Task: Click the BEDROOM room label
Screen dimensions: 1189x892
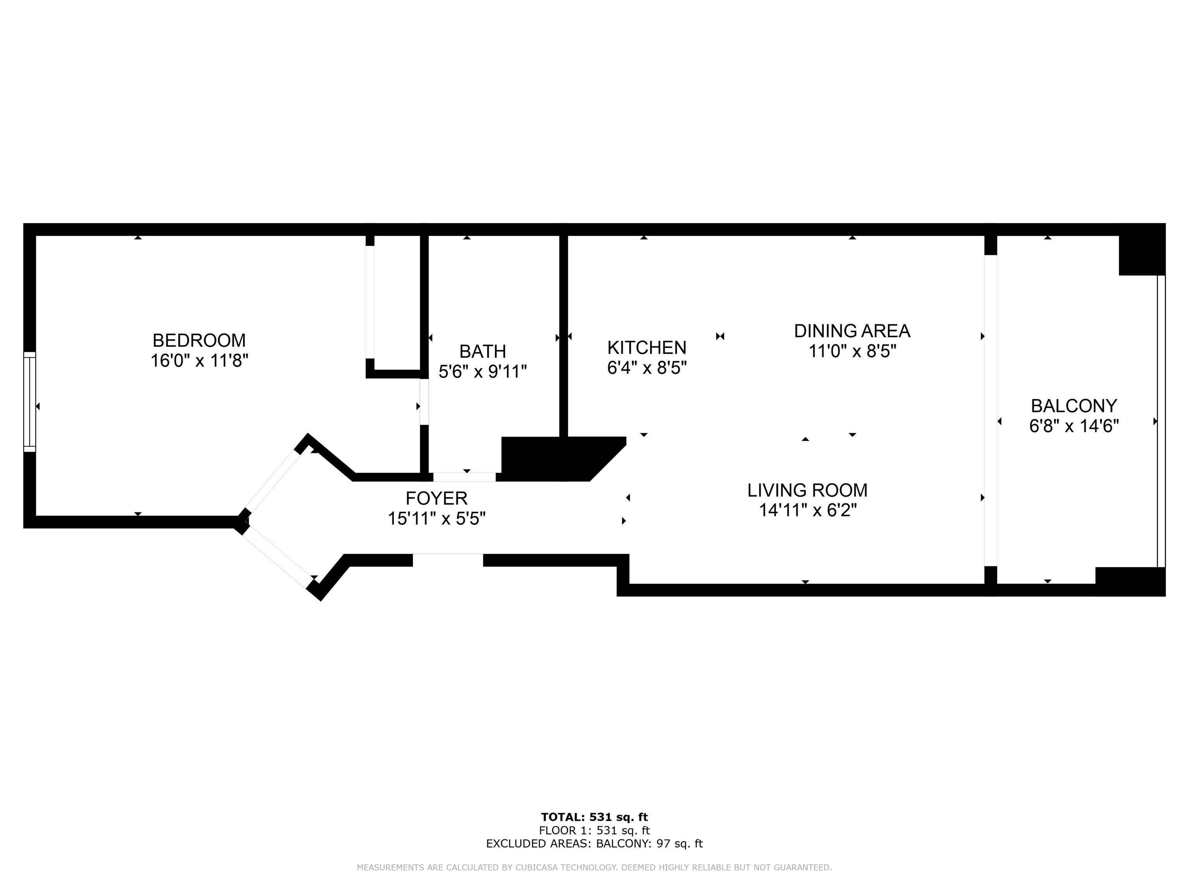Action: click(199, 340)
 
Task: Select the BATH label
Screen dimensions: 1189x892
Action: click(482, 351)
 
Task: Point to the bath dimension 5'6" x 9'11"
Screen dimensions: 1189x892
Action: click(482, 372)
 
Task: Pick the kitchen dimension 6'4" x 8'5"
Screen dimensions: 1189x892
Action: click(647, 368)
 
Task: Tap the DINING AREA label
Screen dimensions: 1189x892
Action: click(852, 331)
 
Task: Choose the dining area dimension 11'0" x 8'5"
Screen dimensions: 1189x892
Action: click(852, 351)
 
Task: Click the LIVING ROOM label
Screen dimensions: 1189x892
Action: click(807, 491)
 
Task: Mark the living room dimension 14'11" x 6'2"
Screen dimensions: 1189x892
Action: click(807, 510)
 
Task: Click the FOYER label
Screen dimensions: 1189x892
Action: click(437, 498)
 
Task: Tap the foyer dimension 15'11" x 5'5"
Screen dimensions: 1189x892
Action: click(437, 519)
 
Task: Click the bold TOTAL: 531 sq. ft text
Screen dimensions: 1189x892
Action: click(594, 818)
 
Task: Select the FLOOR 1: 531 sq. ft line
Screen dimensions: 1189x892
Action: click(594, 831)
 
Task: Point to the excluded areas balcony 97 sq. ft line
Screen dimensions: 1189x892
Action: click(594, 844)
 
